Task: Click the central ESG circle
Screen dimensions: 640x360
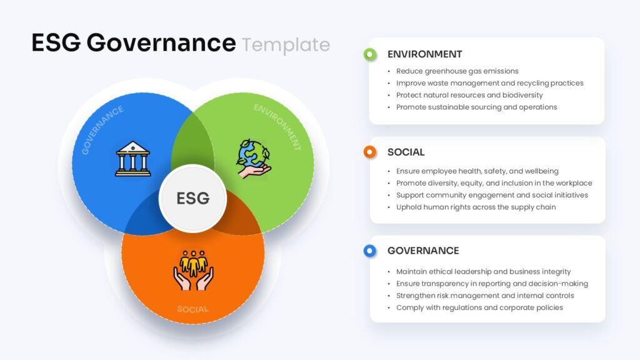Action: (x=192, y=199)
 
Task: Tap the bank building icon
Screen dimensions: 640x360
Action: (x=132, y=159)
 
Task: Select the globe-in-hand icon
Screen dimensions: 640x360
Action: (x=254, y=159)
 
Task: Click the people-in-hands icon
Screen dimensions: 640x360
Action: (x=193, y=270)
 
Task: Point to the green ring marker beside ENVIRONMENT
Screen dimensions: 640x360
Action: (x=370, y=54)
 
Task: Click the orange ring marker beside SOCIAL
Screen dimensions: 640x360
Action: (x=370, y=152)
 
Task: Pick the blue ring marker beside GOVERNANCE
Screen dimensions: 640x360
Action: (x=370, y=251)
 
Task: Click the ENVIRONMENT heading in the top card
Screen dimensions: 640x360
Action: (x=424, y=54)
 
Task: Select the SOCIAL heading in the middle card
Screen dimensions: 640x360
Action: (x=406, y=152)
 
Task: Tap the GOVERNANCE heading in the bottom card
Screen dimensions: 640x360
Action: (x=423, y=251)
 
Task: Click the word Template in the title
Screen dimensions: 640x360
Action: (x=286, y=45)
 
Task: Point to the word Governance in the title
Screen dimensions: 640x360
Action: (x=161, y=43)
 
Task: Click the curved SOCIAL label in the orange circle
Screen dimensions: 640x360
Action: (x=192, y=309)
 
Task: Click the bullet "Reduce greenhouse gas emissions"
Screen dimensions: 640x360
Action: (x=457, y=71)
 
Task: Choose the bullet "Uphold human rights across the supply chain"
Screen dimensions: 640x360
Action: (x=476, y=207)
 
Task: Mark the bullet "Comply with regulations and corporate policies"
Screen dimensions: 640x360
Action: (x=479, y=307)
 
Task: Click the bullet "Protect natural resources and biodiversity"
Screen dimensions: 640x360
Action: (x=469, y=95)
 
